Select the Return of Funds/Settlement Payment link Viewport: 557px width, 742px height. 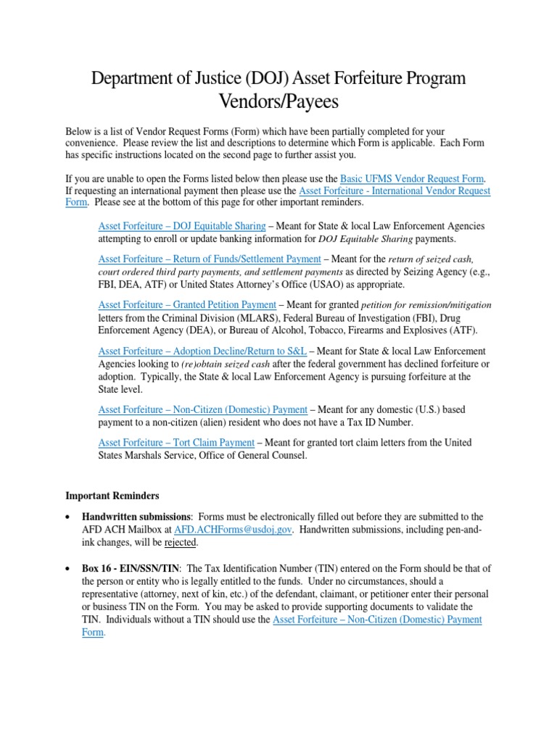210,259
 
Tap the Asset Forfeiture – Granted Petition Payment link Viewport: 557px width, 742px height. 187,304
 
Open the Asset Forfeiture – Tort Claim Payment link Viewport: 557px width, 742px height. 176,442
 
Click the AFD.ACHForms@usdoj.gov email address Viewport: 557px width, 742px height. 232,530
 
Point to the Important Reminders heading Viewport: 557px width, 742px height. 112,496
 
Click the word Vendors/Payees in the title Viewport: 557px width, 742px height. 278,102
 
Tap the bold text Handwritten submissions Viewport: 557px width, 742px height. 137,516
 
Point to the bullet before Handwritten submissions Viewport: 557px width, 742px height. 67,517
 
